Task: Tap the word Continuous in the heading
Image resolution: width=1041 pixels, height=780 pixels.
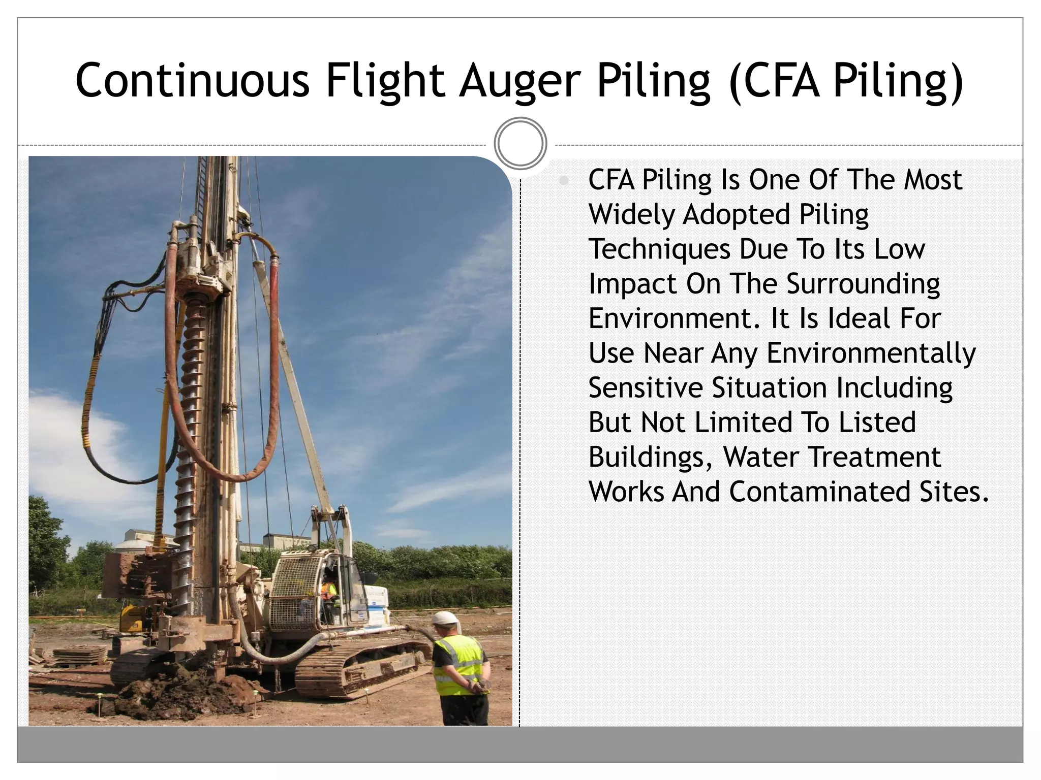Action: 192,80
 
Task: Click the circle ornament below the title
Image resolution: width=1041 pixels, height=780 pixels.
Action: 520,144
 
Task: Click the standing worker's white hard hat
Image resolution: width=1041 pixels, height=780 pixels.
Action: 445,619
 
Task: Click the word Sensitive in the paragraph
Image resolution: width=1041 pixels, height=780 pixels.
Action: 645,388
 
